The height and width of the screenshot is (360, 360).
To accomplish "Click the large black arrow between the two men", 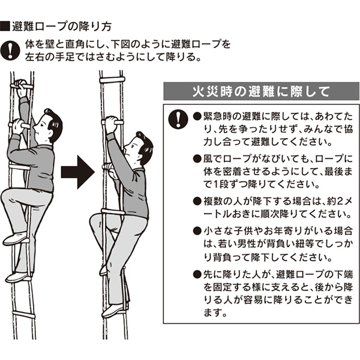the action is pyautogui.click(x=78, y=172).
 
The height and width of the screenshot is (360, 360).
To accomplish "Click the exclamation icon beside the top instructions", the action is pyautogui.click(x=10, y=50).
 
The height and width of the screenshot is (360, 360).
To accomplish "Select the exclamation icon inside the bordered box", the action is pyautogui.click(x=178, y=119).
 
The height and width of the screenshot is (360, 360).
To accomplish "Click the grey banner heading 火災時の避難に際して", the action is pyautogui.click(x=262, y=91).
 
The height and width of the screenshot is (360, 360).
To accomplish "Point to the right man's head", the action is pyautogui.click(x=139, y=147).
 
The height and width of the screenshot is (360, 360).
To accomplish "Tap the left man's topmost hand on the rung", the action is pyautogui.click(x=21, y=87).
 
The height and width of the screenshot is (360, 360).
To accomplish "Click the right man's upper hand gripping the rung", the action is pyautogui.click(x=112, y=124).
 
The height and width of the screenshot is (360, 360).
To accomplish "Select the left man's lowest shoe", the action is pyautogui.click(x=19, y=277).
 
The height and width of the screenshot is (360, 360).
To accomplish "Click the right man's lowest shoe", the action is pyautogui.click(x=114, y=311).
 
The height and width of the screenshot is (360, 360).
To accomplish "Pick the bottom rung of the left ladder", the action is pyautogui.click(x=23, y=314).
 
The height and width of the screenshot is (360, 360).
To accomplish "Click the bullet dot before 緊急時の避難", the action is pyautogui.click(x=197, y=116).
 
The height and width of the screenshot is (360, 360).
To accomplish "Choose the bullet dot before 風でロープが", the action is pyautogui.click(x=197, y=158).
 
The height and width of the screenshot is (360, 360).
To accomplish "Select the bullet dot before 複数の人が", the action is pyautogui.click(x=197, y=201).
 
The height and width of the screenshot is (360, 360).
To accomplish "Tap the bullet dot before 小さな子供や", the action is pyautogui.click(x=197, y=231).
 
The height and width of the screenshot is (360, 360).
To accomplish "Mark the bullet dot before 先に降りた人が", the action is pyautogui.click(x=197, y=274).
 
